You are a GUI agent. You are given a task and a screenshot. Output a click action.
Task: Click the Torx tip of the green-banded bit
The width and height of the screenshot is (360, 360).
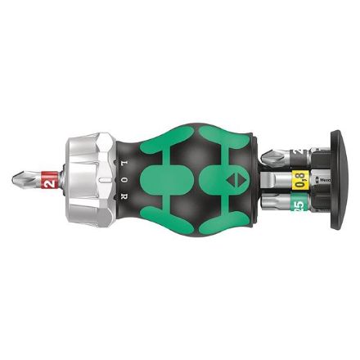pos(266,201)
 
